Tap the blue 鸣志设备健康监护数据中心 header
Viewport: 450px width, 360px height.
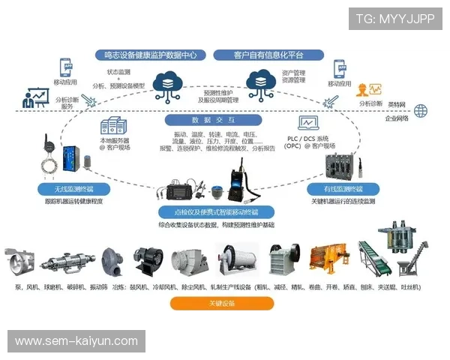(x=151, y=55)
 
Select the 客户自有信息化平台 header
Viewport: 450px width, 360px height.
(x=268, y=55)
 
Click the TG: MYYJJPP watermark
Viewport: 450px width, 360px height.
(x=395, y=18)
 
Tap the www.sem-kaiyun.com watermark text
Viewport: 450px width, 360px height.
(x=76, y=341)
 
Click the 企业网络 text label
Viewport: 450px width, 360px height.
(x=397, y=118)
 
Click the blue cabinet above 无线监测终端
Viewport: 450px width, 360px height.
(x=73, y=159)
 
